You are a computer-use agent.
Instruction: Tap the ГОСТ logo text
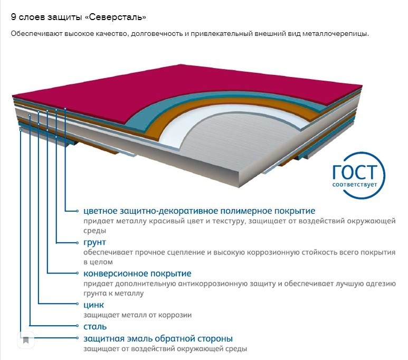(356, 172)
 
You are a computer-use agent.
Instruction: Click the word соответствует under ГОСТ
(356, 185)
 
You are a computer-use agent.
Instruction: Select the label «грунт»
(94, 242)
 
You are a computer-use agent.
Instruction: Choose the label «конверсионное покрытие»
(137, 273)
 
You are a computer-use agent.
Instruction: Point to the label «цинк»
(93, 305)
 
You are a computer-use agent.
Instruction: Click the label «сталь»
(95, 327)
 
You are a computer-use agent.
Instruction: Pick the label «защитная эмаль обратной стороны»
(158, 338)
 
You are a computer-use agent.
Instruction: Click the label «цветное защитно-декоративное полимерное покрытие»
(199, 211)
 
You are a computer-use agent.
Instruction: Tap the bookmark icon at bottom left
(26, 339)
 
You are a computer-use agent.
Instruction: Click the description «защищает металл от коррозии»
(137, 315)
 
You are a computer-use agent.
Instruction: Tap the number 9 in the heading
(13, 17)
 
